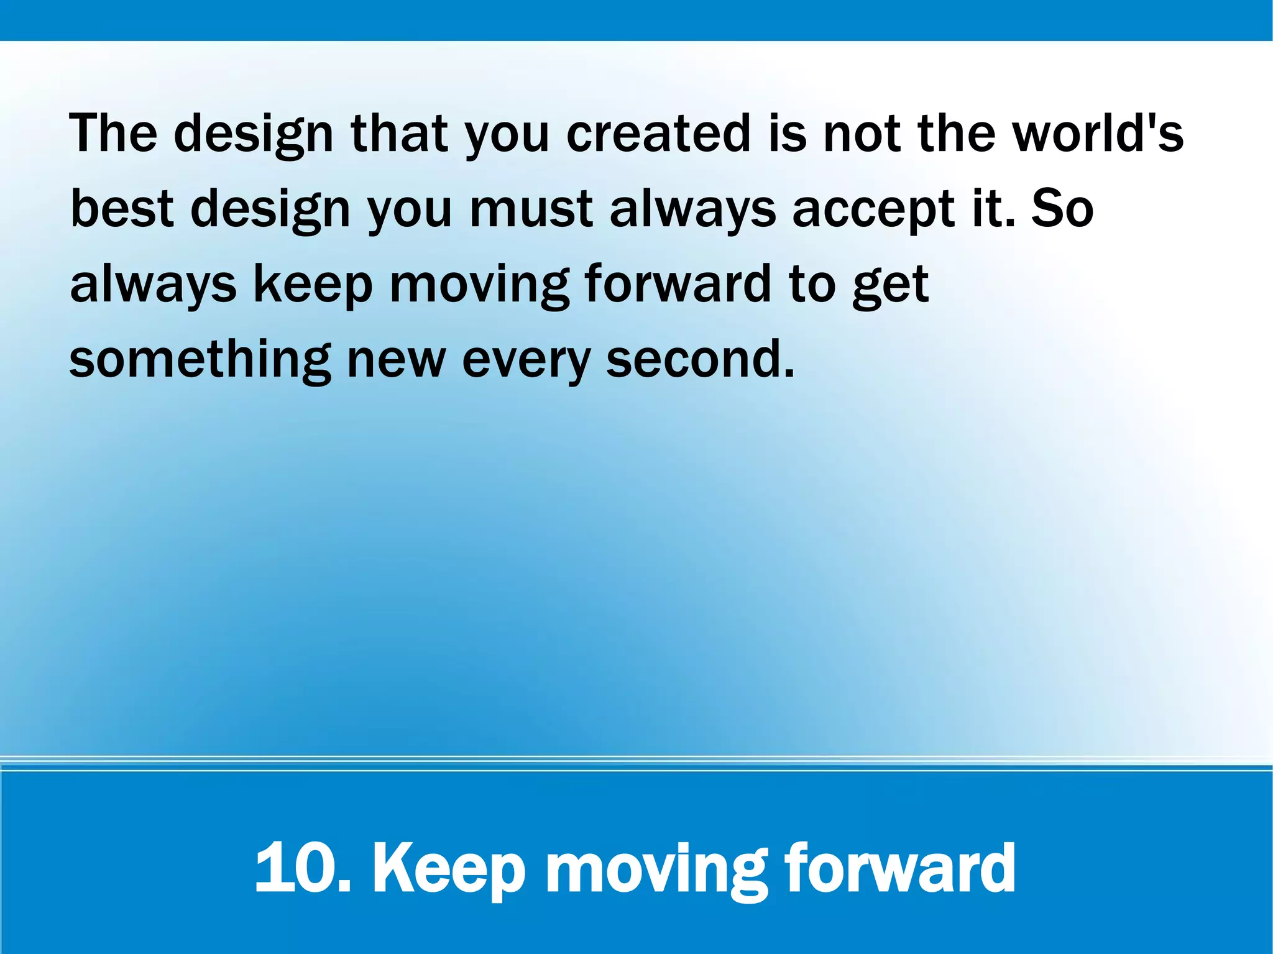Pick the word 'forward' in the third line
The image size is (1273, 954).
(678, 283)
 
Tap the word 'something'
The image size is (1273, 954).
(200, 360)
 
